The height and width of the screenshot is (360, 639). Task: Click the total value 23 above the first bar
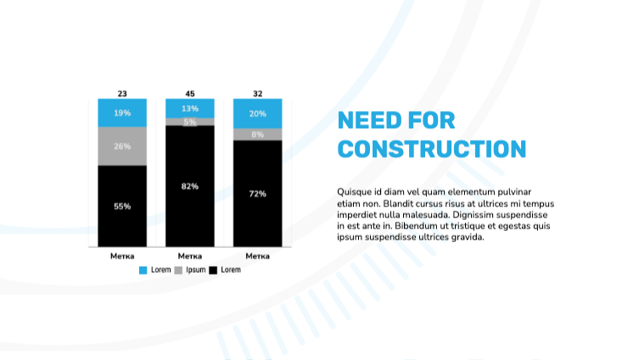pos(122,93)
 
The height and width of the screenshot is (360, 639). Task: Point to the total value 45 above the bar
pos(190,93)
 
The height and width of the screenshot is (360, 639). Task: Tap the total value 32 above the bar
pos(258,93)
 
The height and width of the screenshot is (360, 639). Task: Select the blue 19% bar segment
pos(122,113)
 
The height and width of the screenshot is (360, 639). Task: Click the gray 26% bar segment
pos(122,146)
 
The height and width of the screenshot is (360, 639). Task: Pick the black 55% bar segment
pos(122,205)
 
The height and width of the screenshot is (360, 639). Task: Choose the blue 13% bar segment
pos(190,109)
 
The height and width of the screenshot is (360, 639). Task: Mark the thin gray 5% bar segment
pos(190,122)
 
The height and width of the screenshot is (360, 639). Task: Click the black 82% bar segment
pos(190,186)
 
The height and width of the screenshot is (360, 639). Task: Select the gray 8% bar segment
pos(258,134)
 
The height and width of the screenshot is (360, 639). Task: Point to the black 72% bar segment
pos(258,194)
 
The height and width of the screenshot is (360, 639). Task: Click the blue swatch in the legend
pos(143,270)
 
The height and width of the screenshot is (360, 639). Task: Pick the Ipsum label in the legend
pos(195,270)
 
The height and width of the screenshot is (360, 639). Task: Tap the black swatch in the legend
pos(213,270)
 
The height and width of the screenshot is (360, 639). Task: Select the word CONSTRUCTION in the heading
pos(432,149)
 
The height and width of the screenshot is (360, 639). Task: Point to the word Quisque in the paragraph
pos(354,192)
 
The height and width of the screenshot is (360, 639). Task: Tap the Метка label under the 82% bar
pos(190,256)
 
